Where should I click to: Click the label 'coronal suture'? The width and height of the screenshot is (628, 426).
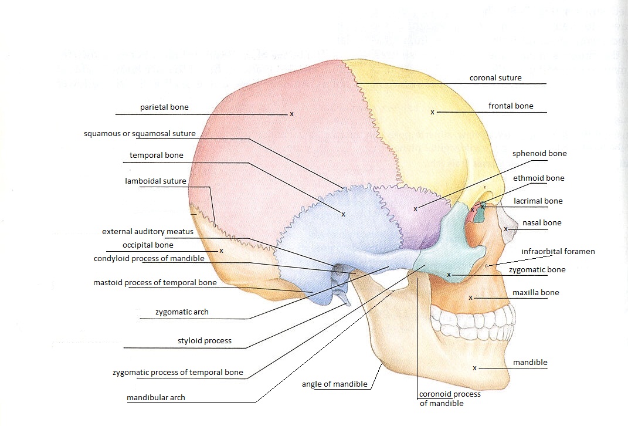[x=495, y=77]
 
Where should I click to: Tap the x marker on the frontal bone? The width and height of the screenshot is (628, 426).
[x=432, y=112]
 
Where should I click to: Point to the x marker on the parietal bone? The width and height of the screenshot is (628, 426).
[x=291, y=114]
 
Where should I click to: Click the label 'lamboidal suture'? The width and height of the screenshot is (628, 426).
[x=155, y=181]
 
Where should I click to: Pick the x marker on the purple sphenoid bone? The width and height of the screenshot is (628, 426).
[x=415, y=208]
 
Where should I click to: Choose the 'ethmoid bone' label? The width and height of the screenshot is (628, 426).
[x=538, y=178]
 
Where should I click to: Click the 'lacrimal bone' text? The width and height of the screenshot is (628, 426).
[x=538, y=201]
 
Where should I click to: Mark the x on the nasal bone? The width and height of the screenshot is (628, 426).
[x=505, y=229]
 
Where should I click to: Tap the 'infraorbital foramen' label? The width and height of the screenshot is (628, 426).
[x=558, y=251]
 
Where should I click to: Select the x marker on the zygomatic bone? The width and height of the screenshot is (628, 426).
[x=449, y=274]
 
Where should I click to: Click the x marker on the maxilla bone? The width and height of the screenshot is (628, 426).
[x=470, y=297]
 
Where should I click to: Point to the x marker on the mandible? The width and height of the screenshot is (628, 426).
[x=474, y=368]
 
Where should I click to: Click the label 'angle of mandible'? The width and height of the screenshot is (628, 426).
[x=334, y=384]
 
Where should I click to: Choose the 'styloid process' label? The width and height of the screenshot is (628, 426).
[x=204, y=340]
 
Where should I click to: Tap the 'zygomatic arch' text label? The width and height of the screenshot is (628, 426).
[x=182, y=312]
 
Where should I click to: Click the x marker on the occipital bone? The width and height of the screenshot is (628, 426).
[x=221, y=251]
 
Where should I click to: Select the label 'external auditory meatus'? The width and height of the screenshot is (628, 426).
[x=147, y=232]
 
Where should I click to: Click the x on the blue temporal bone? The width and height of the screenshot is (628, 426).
[x=343, y=214]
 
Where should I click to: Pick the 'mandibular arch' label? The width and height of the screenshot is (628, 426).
[x=156, y=397]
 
